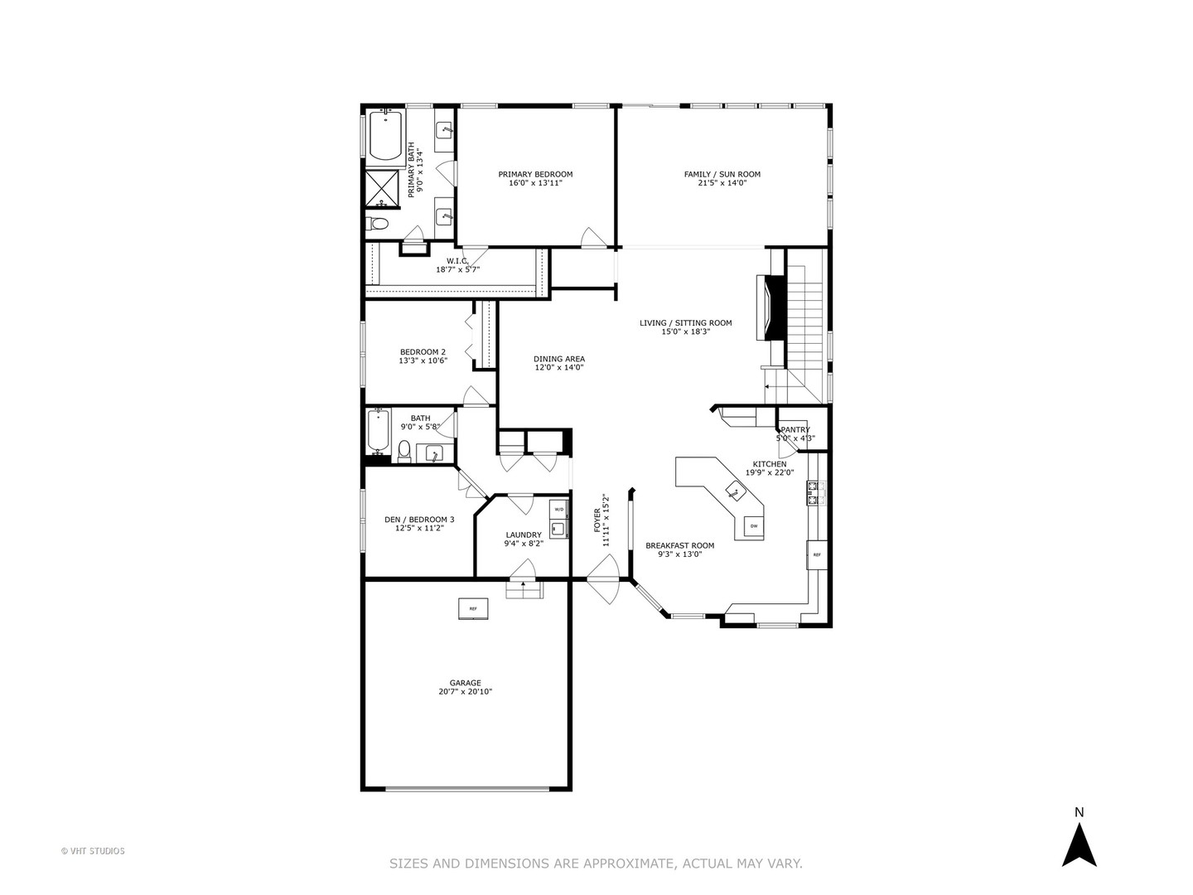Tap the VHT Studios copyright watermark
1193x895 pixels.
[x=93, y=851]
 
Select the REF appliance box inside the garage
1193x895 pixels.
[x=473, y=608]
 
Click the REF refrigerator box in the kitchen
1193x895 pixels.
[x=816, y=554]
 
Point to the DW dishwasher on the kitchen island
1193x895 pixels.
[x=753, y=526]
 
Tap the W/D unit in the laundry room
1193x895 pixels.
[x=558, y=509]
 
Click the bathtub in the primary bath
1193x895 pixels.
[x=386, y=137]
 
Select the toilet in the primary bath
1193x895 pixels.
[x=379, y=223]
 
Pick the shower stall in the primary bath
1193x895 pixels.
[x=383, y=188]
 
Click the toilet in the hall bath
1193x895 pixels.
[x=404, y=450]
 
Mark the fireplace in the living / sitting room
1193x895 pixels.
[x=774, y=307]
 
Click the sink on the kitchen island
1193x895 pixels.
[x=736, y=491]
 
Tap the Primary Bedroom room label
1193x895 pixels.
[x=535, y=175]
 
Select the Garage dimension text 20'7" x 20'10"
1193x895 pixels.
[x=465, y=691]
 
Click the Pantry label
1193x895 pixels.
[x=795, y=429]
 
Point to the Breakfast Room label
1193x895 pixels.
[x=679, y=545]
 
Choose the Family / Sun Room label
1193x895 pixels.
[x=722, y=174]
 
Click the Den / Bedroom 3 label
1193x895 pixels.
[x=419, y=520]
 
